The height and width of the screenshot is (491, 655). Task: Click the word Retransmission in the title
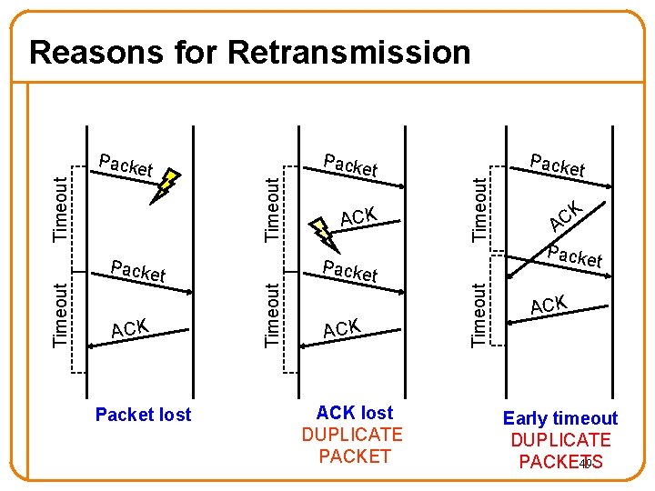(x=349, y=52)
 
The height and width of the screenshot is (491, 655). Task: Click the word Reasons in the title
(x=99, y=52)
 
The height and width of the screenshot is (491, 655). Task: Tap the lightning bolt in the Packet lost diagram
(x=166, y=185)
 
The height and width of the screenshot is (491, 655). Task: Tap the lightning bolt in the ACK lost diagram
(x=324, y=233)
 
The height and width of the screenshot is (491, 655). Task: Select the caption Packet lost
(x=144, y=415)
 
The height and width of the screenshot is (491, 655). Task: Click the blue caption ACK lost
(x=354, y=413)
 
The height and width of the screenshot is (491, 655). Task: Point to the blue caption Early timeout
(x=560, y=418)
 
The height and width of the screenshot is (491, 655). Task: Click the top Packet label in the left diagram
(x=126, y=165)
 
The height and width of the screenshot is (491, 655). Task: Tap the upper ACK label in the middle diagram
(x=359, y=216)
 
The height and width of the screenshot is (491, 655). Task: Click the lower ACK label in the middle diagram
(x=343, y=327)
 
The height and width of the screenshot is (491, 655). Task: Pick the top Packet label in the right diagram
(x=558, y=165)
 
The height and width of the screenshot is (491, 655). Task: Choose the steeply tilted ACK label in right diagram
(x=565, y=215)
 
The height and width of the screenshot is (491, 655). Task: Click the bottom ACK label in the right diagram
(x=549, y=306)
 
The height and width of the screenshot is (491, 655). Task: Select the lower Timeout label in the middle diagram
(x=272, y=314)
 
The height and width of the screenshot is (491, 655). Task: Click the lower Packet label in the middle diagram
(x=351, y=270)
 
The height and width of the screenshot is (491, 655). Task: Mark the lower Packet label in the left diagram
(x=137, y=271)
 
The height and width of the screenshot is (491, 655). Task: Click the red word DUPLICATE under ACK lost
(x=352, y=435)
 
